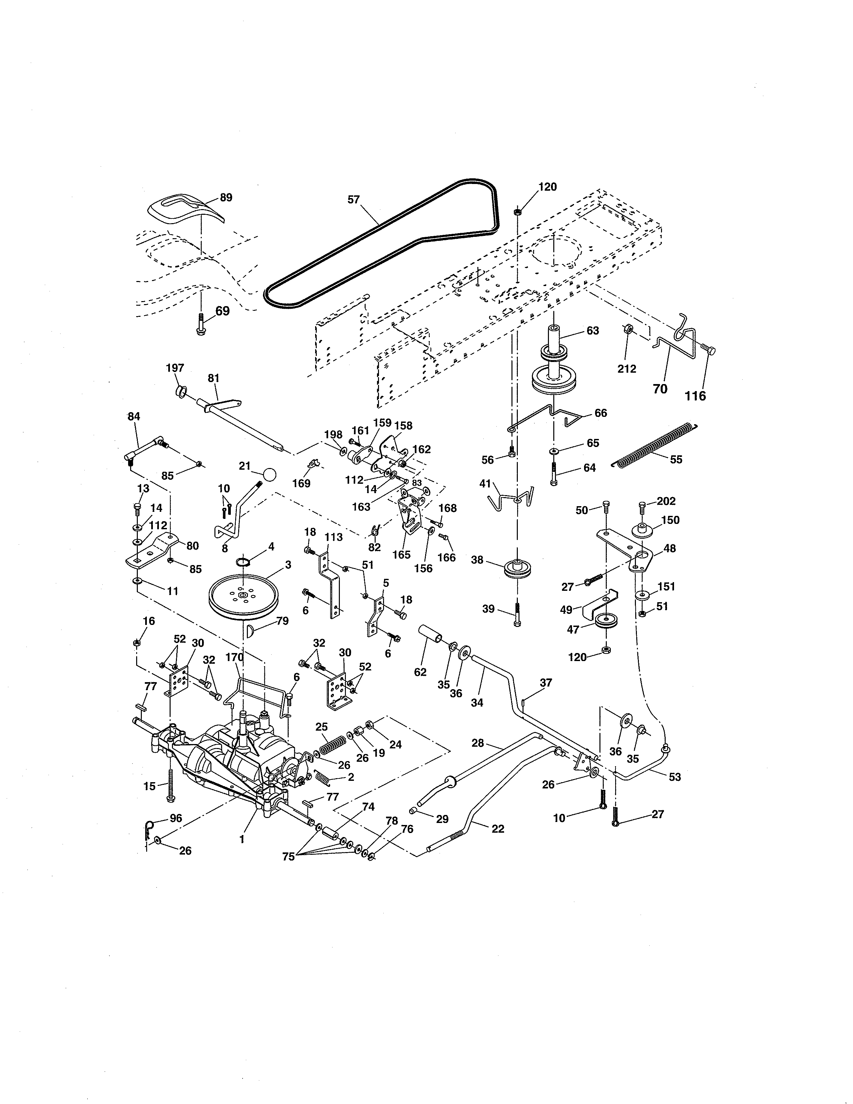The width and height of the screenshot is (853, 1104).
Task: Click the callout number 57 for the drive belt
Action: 353,200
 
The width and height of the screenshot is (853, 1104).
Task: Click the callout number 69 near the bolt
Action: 222,311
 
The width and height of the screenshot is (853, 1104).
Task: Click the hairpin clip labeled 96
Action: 147,828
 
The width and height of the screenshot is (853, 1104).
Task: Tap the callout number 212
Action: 627,369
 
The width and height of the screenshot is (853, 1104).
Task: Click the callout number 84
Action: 133,417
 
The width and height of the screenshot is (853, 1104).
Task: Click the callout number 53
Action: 675,777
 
